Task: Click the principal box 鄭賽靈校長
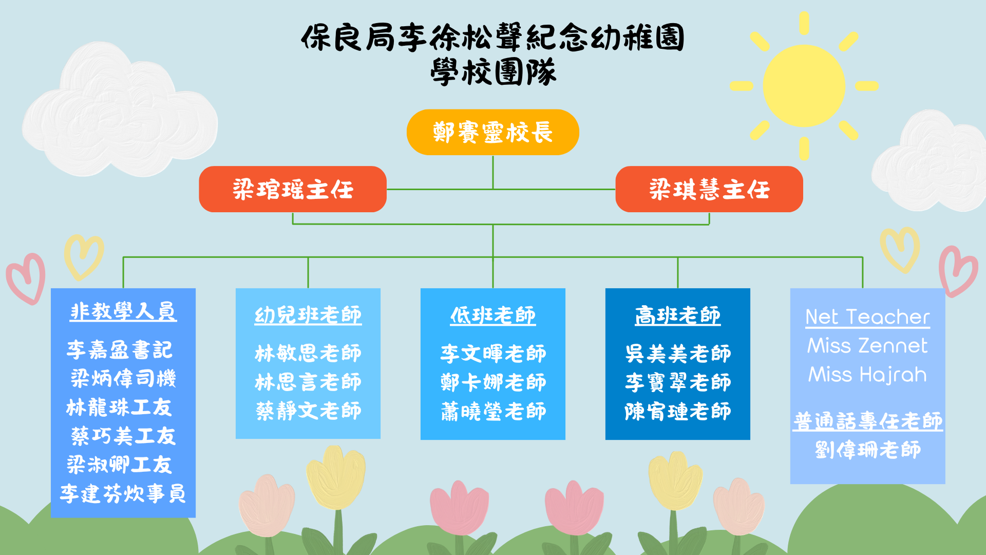click(x=492, y=132)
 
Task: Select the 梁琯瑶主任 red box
click(x=293, y=189)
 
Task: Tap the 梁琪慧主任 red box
click(x=709, y=189)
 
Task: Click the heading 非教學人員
click(x=123, y=311)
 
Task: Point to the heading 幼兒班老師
click(x=308, y=315)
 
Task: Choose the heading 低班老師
click(x=493, y=315)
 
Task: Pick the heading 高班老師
click(x=678, y=315)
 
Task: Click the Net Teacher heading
click(x=868, y=317)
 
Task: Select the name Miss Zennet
click(x=868, y=346)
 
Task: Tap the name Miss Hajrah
click(x=868, y=375)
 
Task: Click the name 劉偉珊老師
click(x=868, y=450)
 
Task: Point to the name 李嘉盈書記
click(x=120, y=350)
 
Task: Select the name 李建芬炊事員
click(x=123, y=494)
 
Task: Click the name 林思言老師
click(x=308, y=382)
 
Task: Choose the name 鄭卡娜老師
click(x=493, y=382)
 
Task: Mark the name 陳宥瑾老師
click(x=678, y=411)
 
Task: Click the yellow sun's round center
click(x=804, y=86)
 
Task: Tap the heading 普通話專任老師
click(x=868, y=421)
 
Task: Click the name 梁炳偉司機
click(x=123, y=379)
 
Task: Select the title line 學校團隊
click(x=493, y=71)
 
